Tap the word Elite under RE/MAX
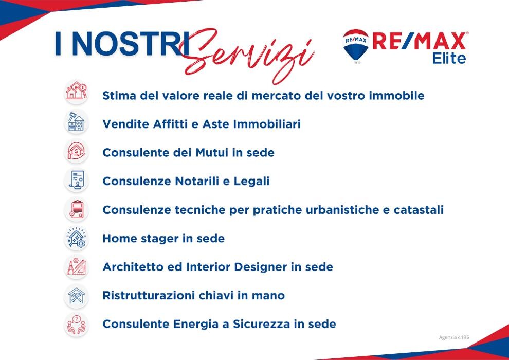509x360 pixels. [449, 58]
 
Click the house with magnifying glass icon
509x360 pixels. [76, 91]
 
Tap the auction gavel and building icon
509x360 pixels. [76, 121]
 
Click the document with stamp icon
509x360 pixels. [76, 180]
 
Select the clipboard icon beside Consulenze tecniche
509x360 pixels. [76, 209]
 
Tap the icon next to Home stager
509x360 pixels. [76, 238]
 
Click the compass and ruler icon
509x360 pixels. [76, 267]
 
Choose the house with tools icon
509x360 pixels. [76, 296]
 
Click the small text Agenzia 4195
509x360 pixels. [454, 337]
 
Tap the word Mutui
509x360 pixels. [212, 153]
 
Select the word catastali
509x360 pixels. [419, 210]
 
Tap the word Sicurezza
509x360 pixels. [261, 324]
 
